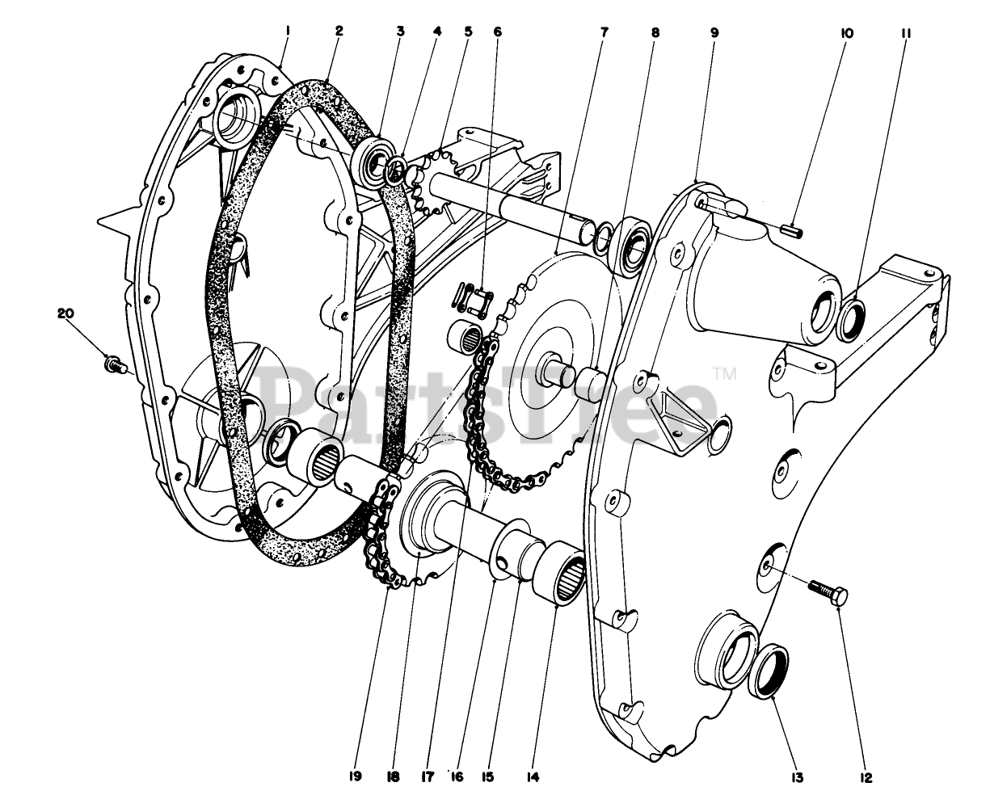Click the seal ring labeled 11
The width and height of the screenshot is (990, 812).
tap(852, 317)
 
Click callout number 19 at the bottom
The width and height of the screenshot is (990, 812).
tap(356, 776)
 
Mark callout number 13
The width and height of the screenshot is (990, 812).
tap(797, 777)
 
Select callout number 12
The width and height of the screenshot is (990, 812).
tap(866, 777)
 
